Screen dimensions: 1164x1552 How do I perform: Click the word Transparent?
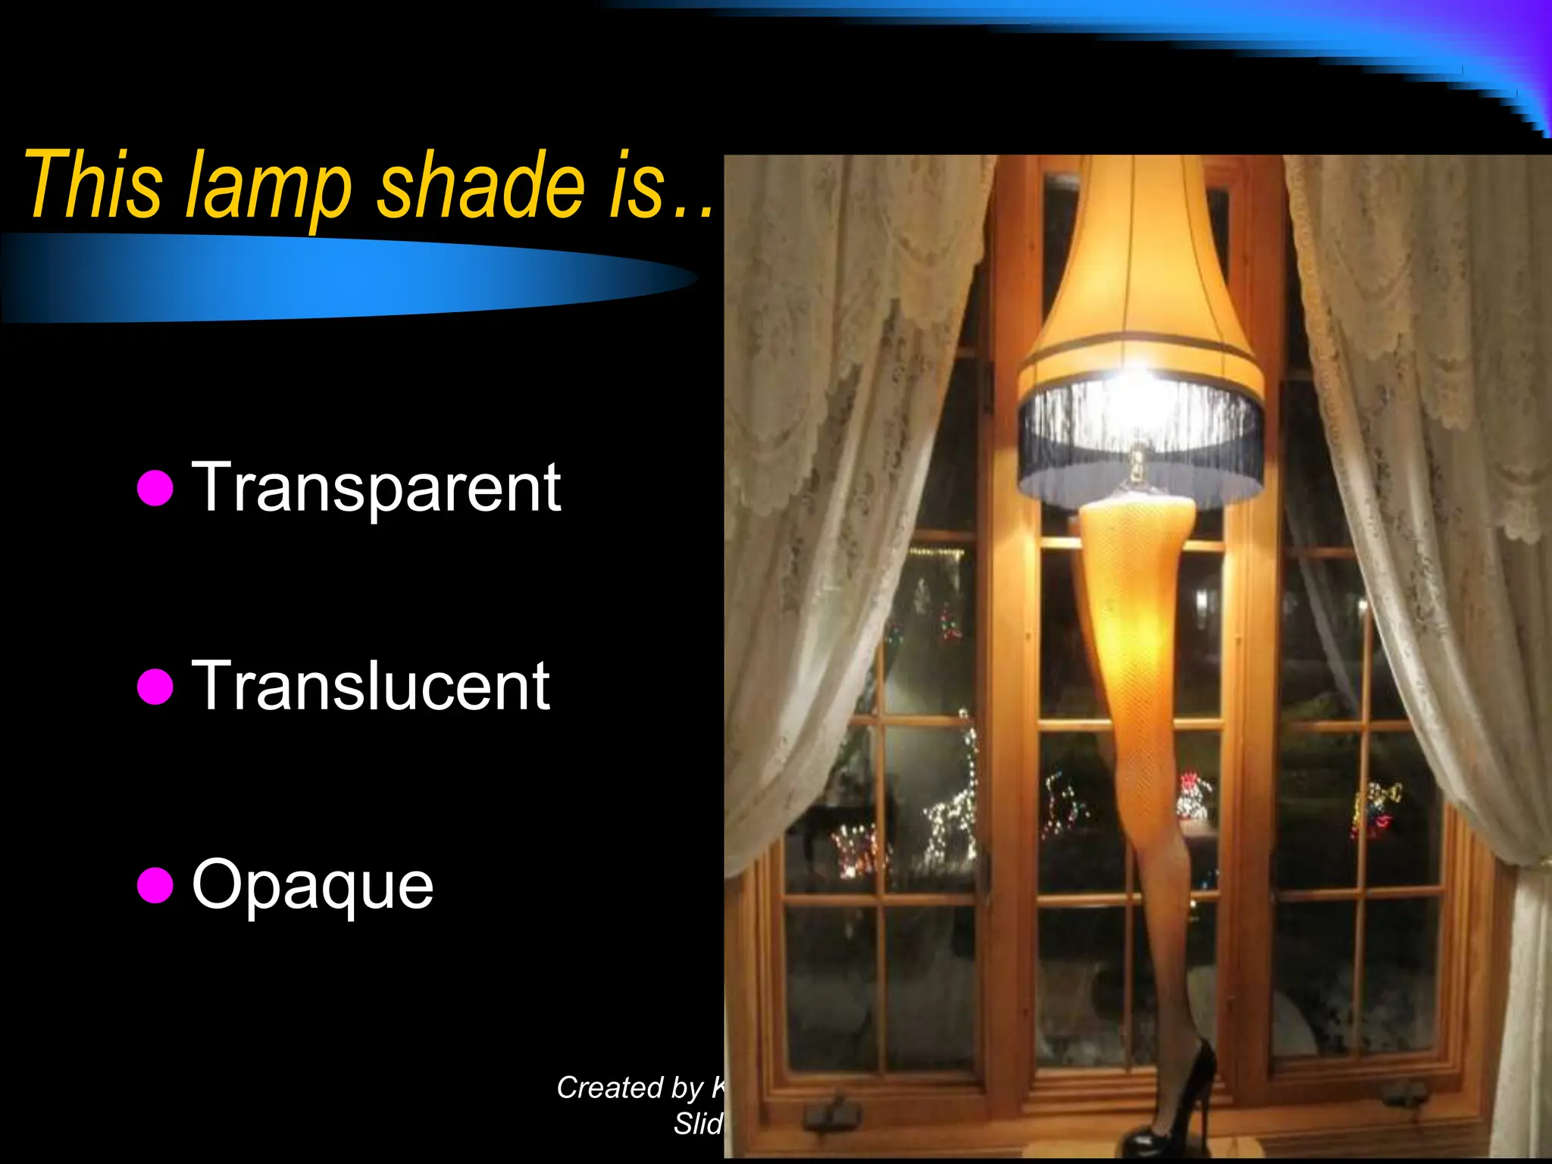click(x=376, y=488)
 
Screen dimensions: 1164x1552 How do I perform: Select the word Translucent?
click(x=371, y=687)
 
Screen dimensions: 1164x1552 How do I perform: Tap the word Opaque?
click(x=312, y=885)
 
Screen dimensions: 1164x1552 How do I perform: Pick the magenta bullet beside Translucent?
click(x=156, y=687)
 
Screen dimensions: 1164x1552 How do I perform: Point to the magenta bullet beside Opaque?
click(x=156, y=885)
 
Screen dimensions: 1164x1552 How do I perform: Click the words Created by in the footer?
click(x=629, y=1088)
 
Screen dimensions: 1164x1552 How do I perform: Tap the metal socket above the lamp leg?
click(x=1137, y=466)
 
